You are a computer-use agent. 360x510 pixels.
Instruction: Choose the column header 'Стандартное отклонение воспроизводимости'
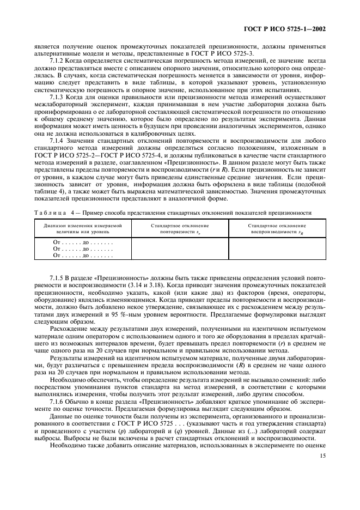tap(277, 228)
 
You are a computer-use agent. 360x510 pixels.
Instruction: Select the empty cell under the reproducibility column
tap(277, 248)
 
